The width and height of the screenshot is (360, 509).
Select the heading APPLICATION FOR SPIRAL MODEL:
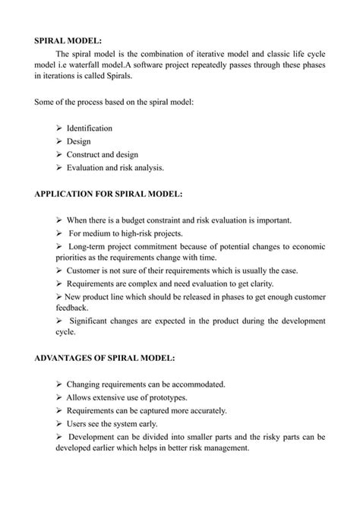[109, 194]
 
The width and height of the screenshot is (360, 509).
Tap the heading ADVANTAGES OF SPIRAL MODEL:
[106, 357]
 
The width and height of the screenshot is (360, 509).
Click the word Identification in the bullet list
[89, 128]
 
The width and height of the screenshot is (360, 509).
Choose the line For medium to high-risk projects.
[125, 233]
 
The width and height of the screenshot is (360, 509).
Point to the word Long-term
[90, 247]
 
